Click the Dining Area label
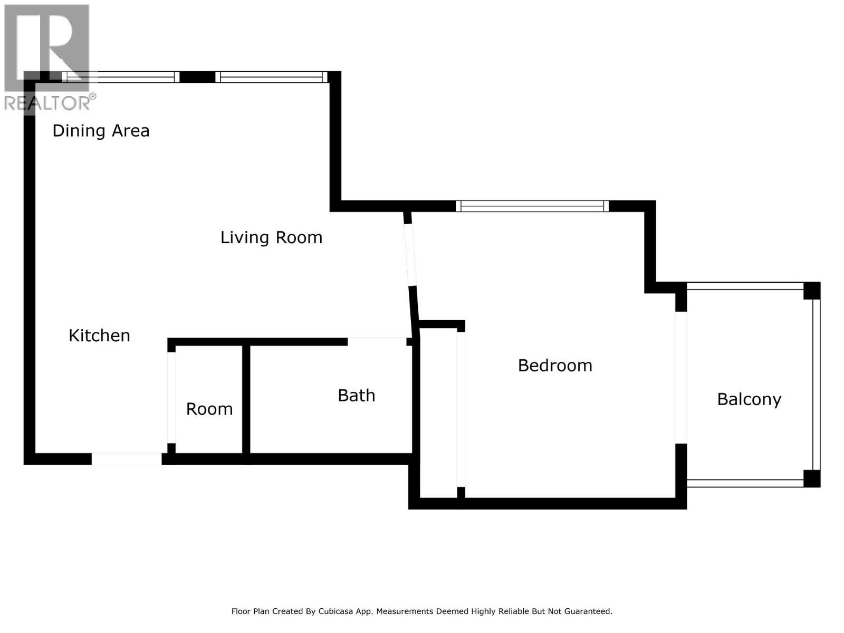click(101, 131)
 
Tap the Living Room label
click(271, 237)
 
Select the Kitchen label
click(99, 335)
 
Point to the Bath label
click(356, 396)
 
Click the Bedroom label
click(555, 366)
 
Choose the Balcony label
click(749, 399)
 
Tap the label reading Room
click(209, 409)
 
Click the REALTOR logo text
click(47, 102)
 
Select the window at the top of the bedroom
click(532, 206)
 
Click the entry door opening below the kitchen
click(127, 459)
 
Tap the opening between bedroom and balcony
click(681, 378)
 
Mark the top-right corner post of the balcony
click(811, 291)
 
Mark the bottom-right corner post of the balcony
click(811, 478)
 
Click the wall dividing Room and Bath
click(246, 399)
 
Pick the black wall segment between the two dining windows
click(197, 77)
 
